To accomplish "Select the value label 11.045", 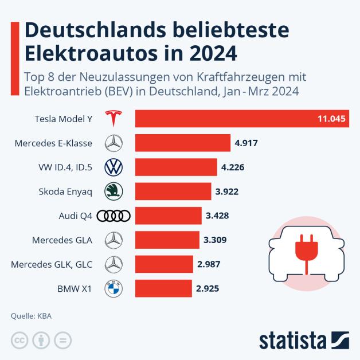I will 331,119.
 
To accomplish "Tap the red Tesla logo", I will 114,119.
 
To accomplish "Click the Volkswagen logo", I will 114,167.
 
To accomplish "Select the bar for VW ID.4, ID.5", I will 175,167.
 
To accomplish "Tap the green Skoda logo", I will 114,191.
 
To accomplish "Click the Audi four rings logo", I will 114,216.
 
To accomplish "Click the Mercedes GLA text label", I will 63,240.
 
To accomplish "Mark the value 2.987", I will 209,264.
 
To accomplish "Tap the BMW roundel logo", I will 114,288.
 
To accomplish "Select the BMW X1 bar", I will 163,288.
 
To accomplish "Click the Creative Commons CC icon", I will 20,340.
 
